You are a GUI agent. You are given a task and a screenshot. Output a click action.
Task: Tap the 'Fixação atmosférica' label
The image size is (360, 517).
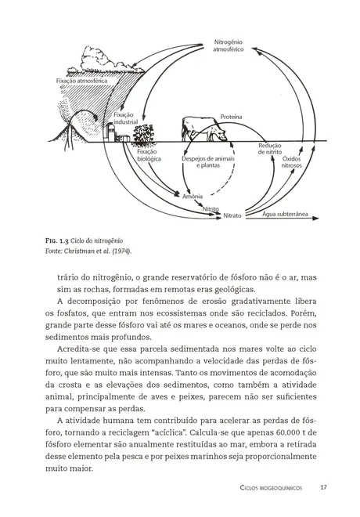click(x=79, y=81)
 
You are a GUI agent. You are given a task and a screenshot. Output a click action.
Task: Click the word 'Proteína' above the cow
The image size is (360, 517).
click(x=231, y=116)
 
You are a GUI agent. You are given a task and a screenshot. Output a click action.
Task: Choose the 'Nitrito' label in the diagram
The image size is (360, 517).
click(x=210, y=209)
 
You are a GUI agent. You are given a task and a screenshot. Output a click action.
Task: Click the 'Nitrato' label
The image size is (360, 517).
click(x=232, y=215)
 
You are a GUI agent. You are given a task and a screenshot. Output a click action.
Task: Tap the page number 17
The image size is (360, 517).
click(x=323, y=487)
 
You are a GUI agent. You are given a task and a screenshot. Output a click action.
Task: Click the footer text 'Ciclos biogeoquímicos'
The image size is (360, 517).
click(x=275, y=488)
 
